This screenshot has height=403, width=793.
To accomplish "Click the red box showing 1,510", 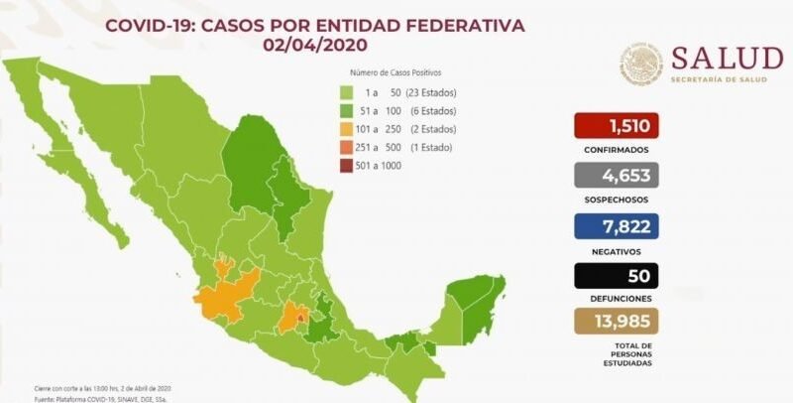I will tap(616, 126).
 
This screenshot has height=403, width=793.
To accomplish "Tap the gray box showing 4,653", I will tap(616, 176).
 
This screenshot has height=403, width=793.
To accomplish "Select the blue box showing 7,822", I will tap(616, 225).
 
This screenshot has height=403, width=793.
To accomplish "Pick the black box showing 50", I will tap(616, 275).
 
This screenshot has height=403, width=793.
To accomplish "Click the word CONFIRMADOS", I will tap(616, 150).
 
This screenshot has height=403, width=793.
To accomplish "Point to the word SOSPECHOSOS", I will tap(616, 199).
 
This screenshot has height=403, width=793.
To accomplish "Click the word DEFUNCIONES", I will tap(616, 298).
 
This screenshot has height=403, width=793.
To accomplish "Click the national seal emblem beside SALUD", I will tap(641, 63).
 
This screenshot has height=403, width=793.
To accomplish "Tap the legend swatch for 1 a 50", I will tap(342, 92).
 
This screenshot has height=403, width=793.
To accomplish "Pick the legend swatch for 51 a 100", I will tap(342, 111).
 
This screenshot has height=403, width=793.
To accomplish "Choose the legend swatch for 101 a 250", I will tap(342, 129).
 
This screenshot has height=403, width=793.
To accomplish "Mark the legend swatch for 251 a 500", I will tap(342, 147).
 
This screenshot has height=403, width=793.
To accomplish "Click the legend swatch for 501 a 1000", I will tap(342, 165).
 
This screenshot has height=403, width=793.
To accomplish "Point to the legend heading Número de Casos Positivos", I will tap(396, 73).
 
